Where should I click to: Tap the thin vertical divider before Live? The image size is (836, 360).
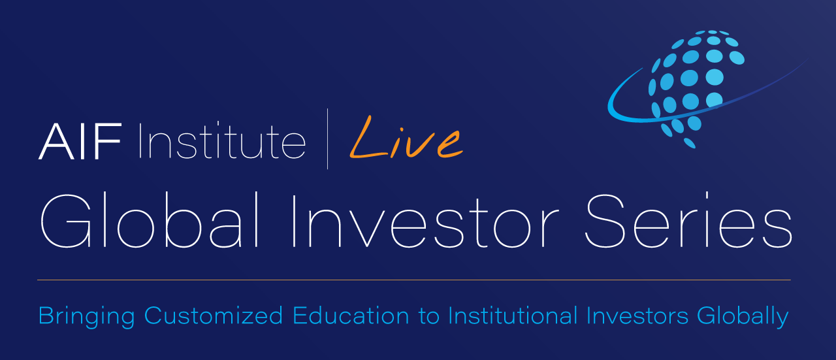click(327, 139)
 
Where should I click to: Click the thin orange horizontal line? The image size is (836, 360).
click(413, 280)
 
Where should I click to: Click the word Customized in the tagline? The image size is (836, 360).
click(213, 316)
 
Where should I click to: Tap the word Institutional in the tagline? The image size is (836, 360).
click(512, 316)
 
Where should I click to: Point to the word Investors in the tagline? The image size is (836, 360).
click(637, 316)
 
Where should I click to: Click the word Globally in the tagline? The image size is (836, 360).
click(743, 317)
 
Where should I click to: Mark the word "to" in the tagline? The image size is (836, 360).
click(429, 317)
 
